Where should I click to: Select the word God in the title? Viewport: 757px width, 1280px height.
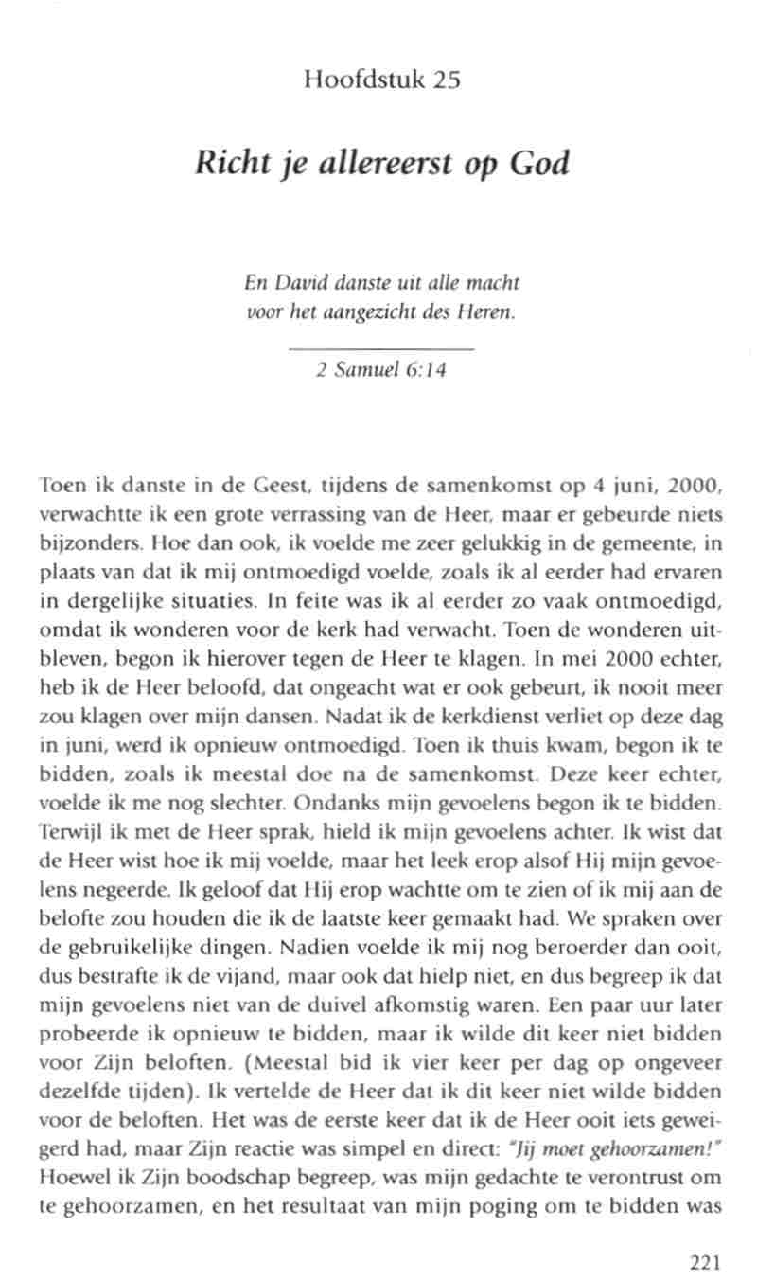pos(539,165)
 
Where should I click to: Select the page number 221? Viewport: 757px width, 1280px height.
pos(706,1261)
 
